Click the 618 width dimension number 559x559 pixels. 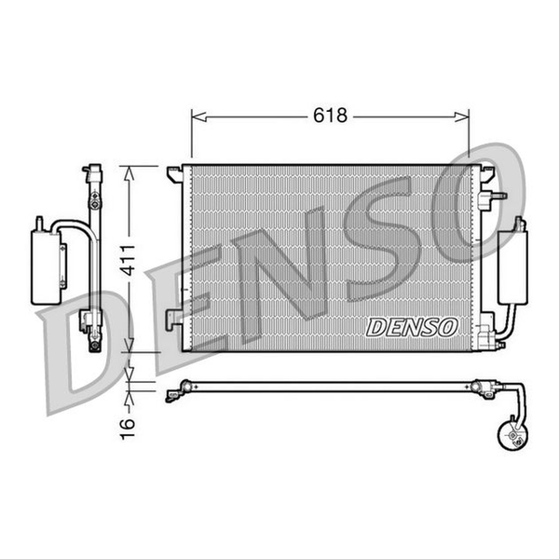click(330, 116)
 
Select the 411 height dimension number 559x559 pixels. click(128, 260)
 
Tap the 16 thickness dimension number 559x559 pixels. click(128, 429)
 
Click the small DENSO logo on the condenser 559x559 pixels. click(412, 328)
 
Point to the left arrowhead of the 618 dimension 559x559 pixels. click(199, 116)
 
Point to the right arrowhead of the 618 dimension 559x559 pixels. click(462, 116)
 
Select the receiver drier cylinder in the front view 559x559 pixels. click(512, 267)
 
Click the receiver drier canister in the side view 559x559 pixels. click(47, 267)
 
